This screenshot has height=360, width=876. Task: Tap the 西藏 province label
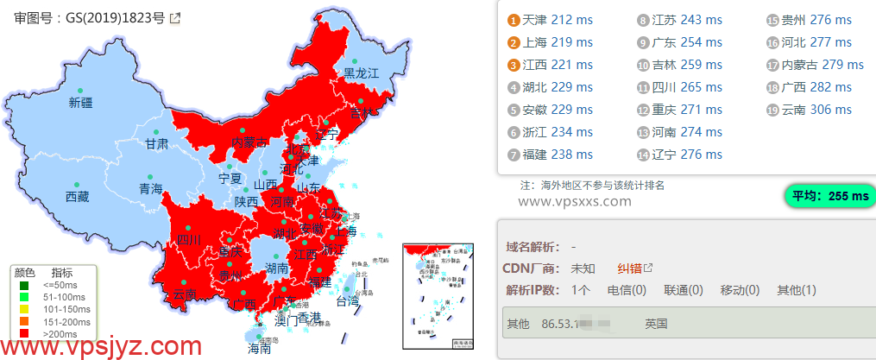pos(77,197)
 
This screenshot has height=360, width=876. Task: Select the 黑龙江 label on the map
pos(362,73)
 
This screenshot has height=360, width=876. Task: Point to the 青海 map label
pos(151,188)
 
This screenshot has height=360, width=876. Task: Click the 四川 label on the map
pos(188,239)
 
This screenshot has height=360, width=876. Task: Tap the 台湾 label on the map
pos(347,302)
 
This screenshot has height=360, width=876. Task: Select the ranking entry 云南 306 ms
pos(816,110)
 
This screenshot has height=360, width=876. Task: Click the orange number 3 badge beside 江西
pos(514,65)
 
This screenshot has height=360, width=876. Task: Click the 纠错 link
pos(629,268)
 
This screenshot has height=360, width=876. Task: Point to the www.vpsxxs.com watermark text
pos(576,201)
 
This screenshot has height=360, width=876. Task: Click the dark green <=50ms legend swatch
pos(24,285)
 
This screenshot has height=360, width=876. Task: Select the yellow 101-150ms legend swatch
pos(24,308)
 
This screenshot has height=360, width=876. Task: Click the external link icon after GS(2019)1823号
pos(175,17)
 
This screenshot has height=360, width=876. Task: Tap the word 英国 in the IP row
pos(656,325)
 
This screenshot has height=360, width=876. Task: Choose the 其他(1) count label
pos(796,290)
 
